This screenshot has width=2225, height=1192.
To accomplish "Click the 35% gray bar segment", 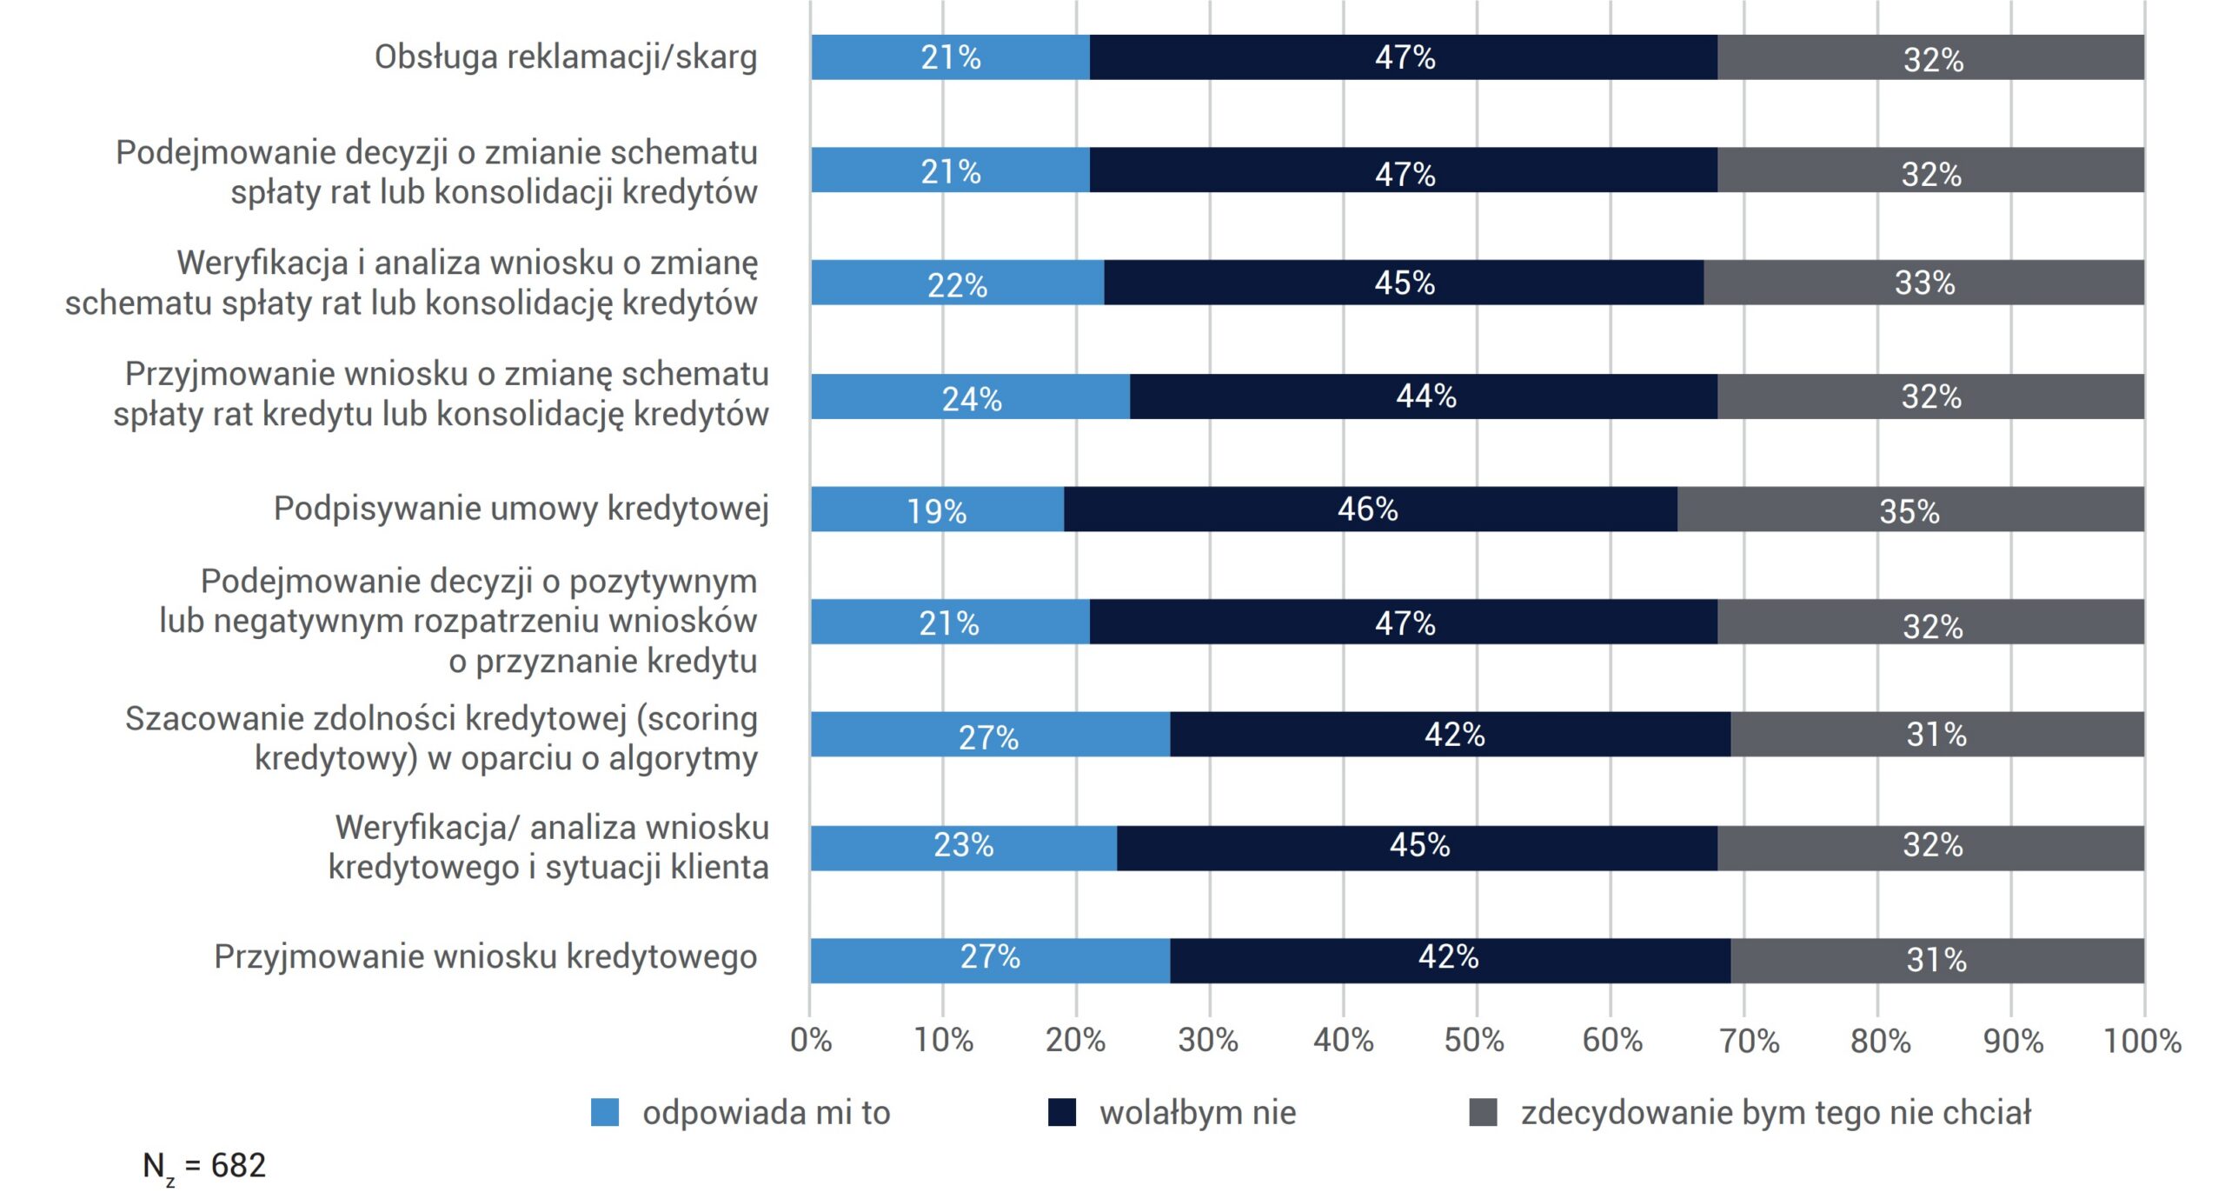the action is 1910,509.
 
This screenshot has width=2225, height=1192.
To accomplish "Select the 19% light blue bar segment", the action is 937,509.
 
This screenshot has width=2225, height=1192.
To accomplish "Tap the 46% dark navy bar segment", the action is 1371,509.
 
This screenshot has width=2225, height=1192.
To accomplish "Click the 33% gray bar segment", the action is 1923,283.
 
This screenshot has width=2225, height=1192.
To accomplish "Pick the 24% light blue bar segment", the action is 970,396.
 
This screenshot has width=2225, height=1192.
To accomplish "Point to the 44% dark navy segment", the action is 1424,396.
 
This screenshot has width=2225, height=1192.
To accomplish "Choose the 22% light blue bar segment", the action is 957,283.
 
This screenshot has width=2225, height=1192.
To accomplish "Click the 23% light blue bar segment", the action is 963,848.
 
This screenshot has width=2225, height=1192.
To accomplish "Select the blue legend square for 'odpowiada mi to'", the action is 605,1112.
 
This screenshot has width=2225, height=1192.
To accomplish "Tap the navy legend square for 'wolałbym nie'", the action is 1062,1112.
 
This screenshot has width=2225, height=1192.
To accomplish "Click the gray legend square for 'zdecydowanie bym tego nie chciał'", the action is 1483,1112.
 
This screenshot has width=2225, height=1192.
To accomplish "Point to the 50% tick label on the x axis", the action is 1475,1040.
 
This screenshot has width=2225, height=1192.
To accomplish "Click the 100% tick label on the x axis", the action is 2142,1040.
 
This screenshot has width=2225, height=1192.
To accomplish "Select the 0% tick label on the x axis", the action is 811,1040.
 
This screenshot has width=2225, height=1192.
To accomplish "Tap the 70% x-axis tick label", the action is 1750,1040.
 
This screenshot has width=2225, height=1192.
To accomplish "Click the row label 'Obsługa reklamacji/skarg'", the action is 566,57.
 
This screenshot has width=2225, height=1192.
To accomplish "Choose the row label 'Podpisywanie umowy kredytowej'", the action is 521,509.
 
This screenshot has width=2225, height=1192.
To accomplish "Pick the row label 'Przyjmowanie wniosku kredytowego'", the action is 486,956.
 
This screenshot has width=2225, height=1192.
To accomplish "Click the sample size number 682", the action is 238,1165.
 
